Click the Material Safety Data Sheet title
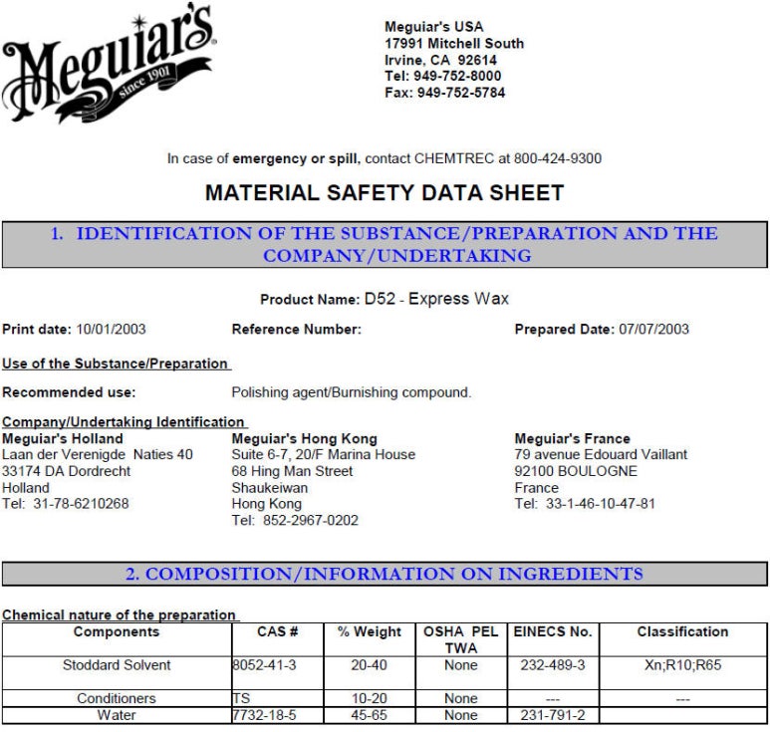click(385, 193)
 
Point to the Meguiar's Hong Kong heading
click(304, 438)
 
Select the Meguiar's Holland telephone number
click(73, 504)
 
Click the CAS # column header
click(278, 631)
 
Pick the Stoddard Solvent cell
click(117, 664)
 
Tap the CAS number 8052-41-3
click(266, 664)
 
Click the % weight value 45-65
click(369, 715)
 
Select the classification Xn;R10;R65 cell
click(682, 664)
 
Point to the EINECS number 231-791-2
click(553, 715)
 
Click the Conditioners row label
click(117, 699)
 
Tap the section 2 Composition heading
click(385, 574)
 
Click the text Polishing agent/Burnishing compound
click(352, 392)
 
